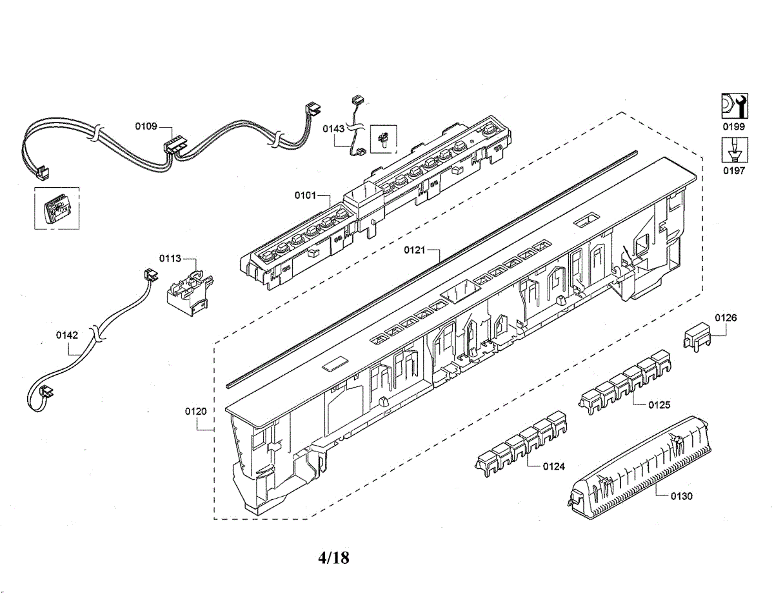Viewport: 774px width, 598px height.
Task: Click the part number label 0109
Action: [x=146, y=126]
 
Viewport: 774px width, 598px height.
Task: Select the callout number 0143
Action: [x=333, y=128]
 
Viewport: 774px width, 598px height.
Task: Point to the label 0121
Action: [x=415, y=250]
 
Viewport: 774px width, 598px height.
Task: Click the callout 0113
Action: [x=170, y=259]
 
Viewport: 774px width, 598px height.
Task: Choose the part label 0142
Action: [x=67, y=335]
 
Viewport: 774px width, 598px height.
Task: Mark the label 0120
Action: [x=196, y=411]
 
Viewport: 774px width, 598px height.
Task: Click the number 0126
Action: [x=726, y=317]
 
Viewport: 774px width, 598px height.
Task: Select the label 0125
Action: [x=659, y=404]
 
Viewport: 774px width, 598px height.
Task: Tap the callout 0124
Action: [x=553, y=466]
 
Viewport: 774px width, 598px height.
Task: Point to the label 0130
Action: [x=681, y=496]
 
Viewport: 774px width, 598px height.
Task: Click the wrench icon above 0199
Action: [x=733, y=106]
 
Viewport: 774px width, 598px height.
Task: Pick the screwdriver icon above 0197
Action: [x=733, y=150]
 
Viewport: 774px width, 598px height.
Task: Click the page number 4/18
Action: [x=333, y=557]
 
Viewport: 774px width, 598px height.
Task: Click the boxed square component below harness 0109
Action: [x=56, y=207]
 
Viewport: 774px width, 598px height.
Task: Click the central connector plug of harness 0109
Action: [x=173, y=145]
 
